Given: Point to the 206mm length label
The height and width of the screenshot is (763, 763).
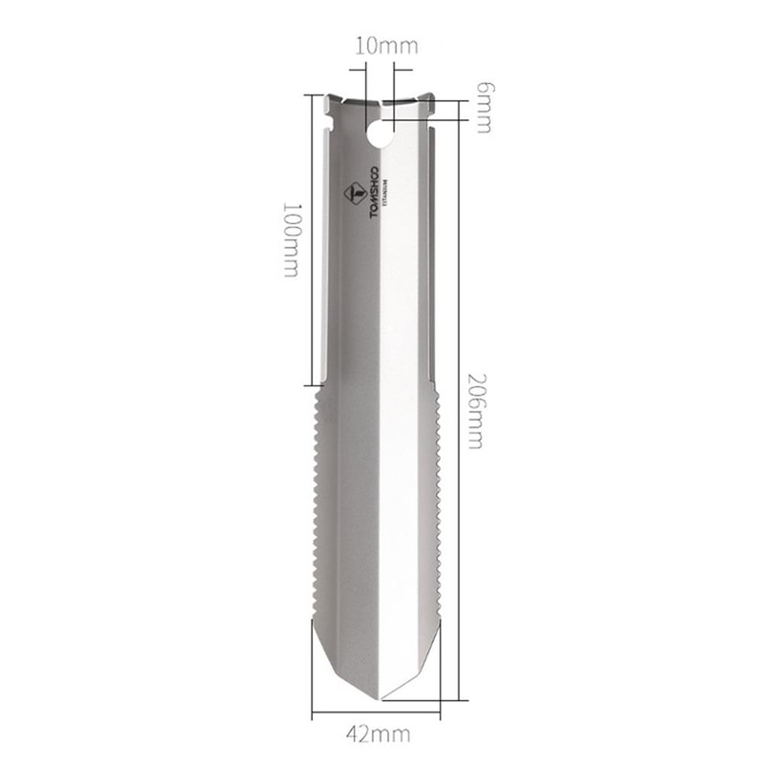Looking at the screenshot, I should [474, 410].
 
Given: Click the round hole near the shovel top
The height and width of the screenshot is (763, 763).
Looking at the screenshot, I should [380, 134].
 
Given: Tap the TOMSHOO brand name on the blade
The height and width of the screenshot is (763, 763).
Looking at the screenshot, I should [374, 195].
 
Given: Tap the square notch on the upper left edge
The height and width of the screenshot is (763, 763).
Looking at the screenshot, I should [330, 120].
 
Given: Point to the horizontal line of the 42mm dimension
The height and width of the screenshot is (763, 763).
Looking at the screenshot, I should [377, 714].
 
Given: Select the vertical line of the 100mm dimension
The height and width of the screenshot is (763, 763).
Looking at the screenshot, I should [309, 238].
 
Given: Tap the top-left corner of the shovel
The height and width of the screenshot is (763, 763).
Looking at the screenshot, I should [325, 96].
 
